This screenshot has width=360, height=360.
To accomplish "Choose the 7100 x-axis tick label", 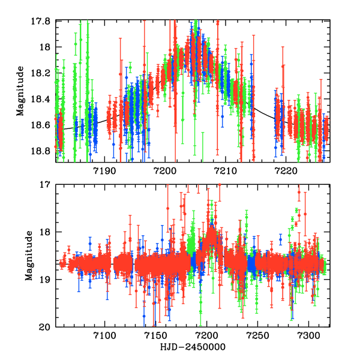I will [104, 337].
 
